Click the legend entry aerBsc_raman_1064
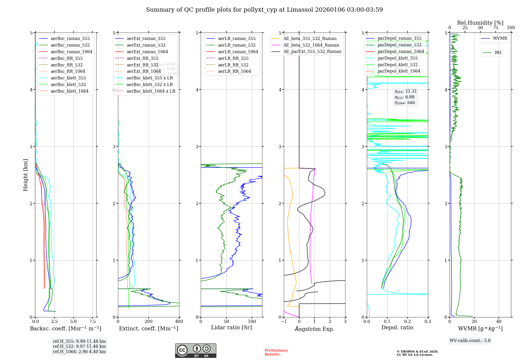tap(71, 52)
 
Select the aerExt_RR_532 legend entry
tap(143, 65)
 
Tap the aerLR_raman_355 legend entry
tap(237, 39)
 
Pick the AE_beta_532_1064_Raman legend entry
tap(311, 45)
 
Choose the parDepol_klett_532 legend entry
tap(398, 65)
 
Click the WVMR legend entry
tap(500, 38)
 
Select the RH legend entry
tap(498, 53)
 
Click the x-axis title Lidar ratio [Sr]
tap(231, 328)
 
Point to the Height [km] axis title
tap(25, 175)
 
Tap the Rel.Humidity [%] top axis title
tap(480, 23)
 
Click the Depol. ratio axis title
tap(397, 328)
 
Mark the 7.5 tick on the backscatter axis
tap(93, 322)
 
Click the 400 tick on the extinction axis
tap(179, 322)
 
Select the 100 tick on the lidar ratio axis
tap(252, 322)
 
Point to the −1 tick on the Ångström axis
tap(284, 322)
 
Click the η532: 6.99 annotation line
tap(404, 97)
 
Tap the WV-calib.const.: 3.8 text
tap(470, 341)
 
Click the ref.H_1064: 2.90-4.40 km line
tap(79, 352)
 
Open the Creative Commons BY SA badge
tap(195, 350)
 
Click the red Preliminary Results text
tap(276, 352)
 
